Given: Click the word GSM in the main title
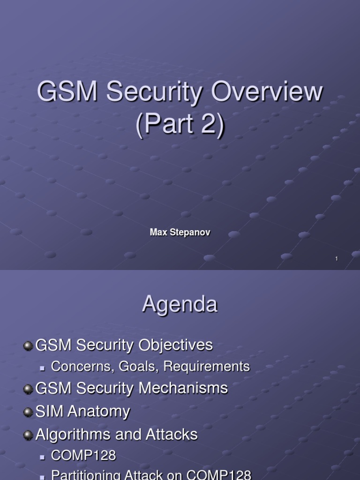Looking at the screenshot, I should pyautogui.click(x=67, y=92).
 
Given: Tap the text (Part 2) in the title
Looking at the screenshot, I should pyautogui.click(x=180, y=124).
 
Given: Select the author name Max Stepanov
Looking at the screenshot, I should pyautogui.click(x=180, y=232).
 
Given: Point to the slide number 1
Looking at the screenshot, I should pyautogui.click(x=337, y=259).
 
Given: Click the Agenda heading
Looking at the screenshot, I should pyautogui.click(x=180, y=305).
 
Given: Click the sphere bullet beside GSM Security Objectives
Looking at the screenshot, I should pyautogui.click(x=28, y=345).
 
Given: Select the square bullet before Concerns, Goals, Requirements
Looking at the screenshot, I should pyautogui.click(x=43, y=368).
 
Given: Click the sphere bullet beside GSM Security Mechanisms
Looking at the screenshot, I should pyautogui.click(x=28, y=389).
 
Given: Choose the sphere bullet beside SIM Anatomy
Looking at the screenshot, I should pyautogui.click(x=28, y=412).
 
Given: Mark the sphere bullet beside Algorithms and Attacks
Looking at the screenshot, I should pyautogui.click(x=28, y=435).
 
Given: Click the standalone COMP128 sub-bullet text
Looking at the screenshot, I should pyautogui.click(x=83, y=455).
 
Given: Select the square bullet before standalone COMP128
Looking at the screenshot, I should pyautogui.click(x=43, y=457).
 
